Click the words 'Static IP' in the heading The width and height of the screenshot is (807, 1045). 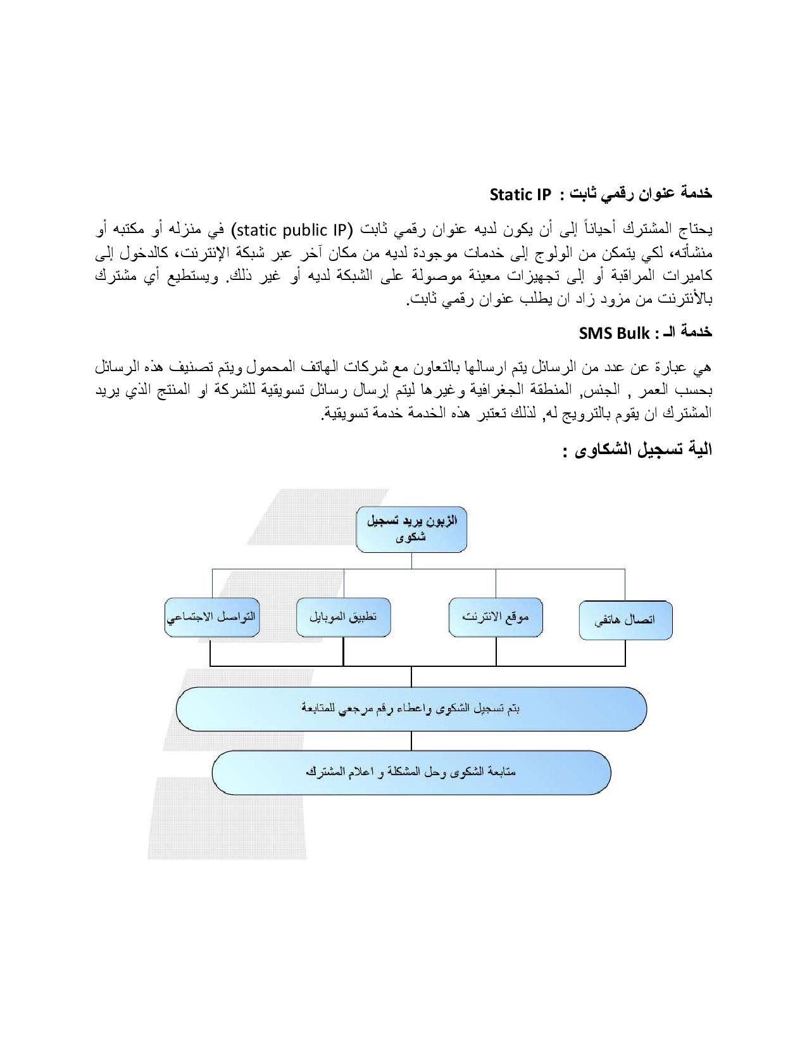(520, 194)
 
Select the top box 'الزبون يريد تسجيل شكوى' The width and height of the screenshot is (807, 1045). (411, 529)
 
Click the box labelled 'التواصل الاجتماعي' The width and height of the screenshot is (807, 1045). (211, 617)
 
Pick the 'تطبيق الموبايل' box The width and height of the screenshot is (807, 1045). (343, 617)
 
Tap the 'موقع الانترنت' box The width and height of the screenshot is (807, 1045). (496, 617)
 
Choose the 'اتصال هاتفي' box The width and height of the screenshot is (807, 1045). (625, 620)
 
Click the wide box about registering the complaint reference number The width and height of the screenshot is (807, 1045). (411, 709)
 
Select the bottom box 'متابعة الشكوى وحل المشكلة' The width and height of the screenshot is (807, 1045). (411, 772)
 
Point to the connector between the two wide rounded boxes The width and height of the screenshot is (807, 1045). (411, 740)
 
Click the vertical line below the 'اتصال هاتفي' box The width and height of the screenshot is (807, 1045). (625, 652)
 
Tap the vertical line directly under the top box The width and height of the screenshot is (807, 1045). (411, 560)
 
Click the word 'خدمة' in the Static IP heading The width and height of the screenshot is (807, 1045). (694, 193)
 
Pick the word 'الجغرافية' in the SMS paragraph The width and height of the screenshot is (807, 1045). (494, 389)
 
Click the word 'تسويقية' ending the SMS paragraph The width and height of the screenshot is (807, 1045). (346, 414)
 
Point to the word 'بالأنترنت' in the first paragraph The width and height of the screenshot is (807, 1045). (687, 299)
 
